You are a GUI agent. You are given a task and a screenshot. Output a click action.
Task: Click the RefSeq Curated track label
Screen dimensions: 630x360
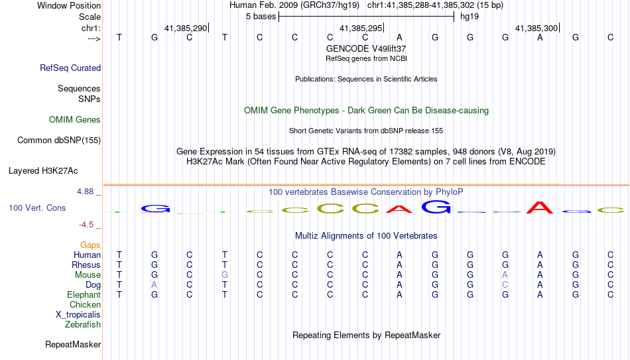point(70,68)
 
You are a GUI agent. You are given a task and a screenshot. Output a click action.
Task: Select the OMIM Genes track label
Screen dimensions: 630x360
point(75,120)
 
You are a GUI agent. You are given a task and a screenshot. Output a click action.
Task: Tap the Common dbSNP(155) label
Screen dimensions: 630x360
point(59,141)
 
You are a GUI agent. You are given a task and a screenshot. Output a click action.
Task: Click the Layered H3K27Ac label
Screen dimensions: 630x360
point(43,171)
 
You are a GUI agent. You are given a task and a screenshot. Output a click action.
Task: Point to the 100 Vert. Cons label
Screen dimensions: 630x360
point(37,208)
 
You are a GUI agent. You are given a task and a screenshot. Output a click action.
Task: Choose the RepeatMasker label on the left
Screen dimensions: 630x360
point(73,344)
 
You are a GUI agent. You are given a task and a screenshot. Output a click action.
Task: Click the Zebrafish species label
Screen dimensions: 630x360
point(83,324)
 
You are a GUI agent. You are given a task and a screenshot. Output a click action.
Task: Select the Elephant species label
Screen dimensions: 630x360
point(84,294)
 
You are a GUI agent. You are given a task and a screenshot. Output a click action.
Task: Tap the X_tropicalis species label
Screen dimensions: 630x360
point(78,315)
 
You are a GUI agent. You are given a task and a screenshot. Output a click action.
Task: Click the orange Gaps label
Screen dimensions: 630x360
point(90,245)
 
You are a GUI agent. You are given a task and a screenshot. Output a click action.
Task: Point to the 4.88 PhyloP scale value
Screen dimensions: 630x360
point(85,192)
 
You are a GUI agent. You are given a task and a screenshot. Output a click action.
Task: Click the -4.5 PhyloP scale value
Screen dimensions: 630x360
point(86,225)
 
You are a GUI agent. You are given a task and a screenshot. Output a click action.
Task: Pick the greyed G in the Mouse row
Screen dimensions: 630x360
point(225,275)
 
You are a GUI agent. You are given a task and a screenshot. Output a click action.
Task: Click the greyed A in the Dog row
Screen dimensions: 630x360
point(155,285)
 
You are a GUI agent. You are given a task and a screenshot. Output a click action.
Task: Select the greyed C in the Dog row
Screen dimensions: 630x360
point(505,285)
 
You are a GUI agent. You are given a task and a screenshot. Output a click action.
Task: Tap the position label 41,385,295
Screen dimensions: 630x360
point(361,28)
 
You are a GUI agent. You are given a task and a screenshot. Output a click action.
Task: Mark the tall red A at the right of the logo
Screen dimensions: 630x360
point(540,208)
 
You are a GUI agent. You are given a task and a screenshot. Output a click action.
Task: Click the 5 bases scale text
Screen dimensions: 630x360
point(261,17)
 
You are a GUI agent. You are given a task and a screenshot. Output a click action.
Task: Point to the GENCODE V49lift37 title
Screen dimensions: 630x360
point(366,48)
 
